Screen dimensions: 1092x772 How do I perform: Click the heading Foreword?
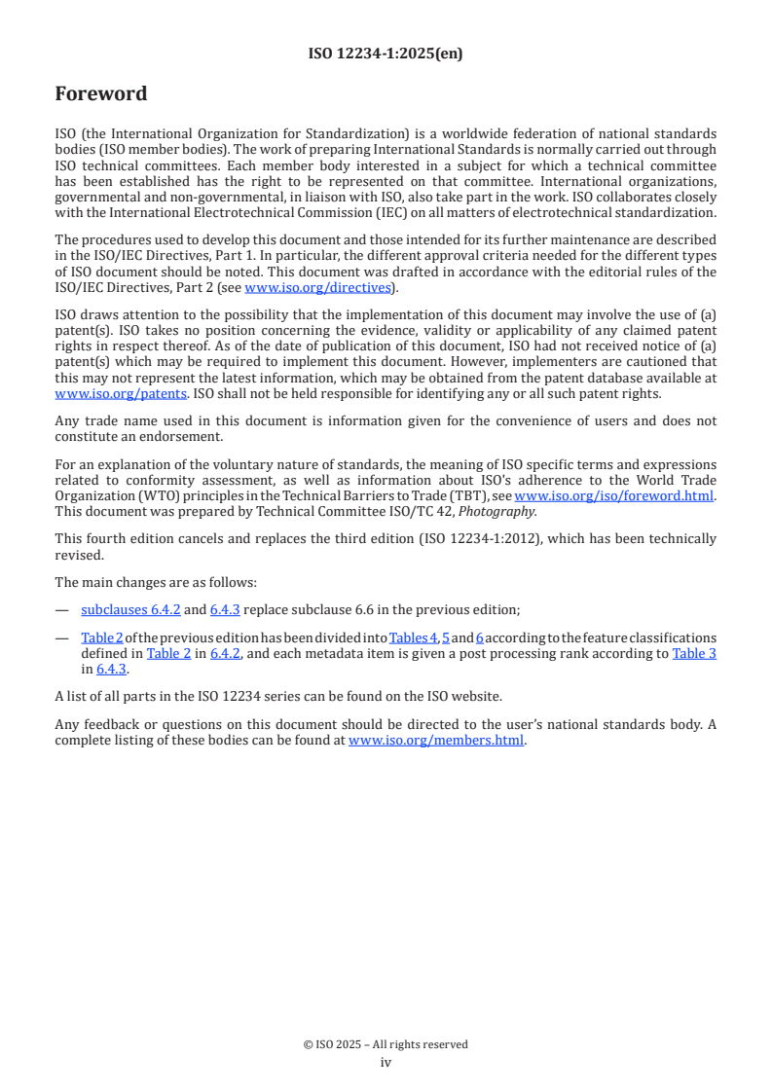(101, 94)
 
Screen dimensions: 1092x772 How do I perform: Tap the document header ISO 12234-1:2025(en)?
(386, 54)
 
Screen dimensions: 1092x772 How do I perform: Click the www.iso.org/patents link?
(99, 393)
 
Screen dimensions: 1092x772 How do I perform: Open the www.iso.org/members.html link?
(436, 740)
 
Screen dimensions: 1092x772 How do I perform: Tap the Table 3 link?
(694, 653)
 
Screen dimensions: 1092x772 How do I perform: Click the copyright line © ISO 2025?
(386, 1044)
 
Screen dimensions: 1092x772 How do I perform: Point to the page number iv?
(386, 1062)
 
